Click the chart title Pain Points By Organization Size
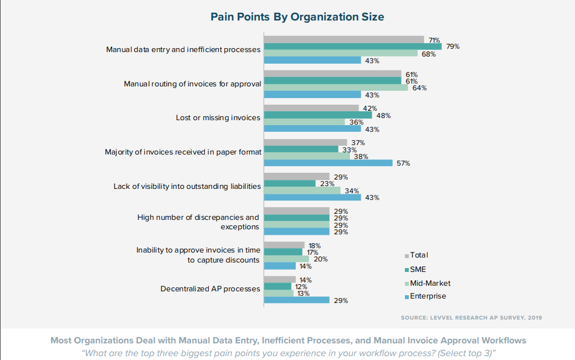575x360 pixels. [297, 17]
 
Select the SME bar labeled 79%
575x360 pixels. [352, 47]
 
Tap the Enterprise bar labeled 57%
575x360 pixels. [328, 163]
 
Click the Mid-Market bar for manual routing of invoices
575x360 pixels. [336, 88]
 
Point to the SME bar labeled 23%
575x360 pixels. [289, 183]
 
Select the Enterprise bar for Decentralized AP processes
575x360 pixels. [296, 300]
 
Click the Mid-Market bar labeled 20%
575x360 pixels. [286, 259]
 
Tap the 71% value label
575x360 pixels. [434, 40]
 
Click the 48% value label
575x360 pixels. [384, 116]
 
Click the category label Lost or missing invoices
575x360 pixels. [218, 117]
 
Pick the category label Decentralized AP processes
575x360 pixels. [210, 289]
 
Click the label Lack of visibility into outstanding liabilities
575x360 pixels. [187, 186]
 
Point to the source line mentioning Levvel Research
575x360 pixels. [471, 318]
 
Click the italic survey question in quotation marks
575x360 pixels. [287, 353]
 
